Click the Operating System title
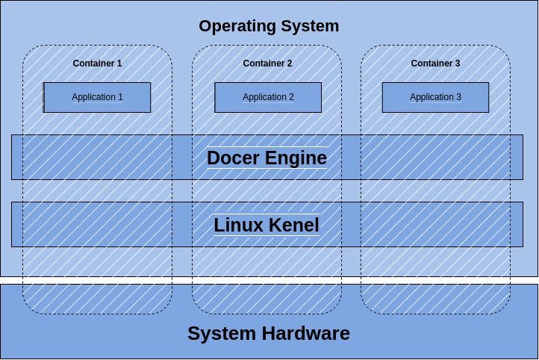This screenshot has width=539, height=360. (269, 26)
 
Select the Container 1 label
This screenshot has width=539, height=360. (97, 63)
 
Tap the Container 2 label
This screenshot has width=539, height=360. (267, 63)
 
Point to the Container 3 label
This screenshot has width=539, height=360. (435, 63)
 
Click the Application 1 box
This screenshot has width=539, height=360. (97, 97)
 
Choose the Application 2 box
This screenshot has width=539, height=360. (268, 97)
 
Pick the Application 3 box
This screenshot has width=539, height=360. (435, 97)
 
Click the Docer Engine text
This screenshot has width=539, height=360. (267, 158)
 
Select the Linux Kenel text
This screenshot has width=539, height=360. (267, 225)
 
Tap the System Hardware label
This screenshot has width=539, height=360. (269, 333)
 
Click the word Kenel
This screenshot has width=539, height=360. (293, 225)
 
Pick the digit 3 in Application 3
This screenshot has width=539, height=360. (458, 97)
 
